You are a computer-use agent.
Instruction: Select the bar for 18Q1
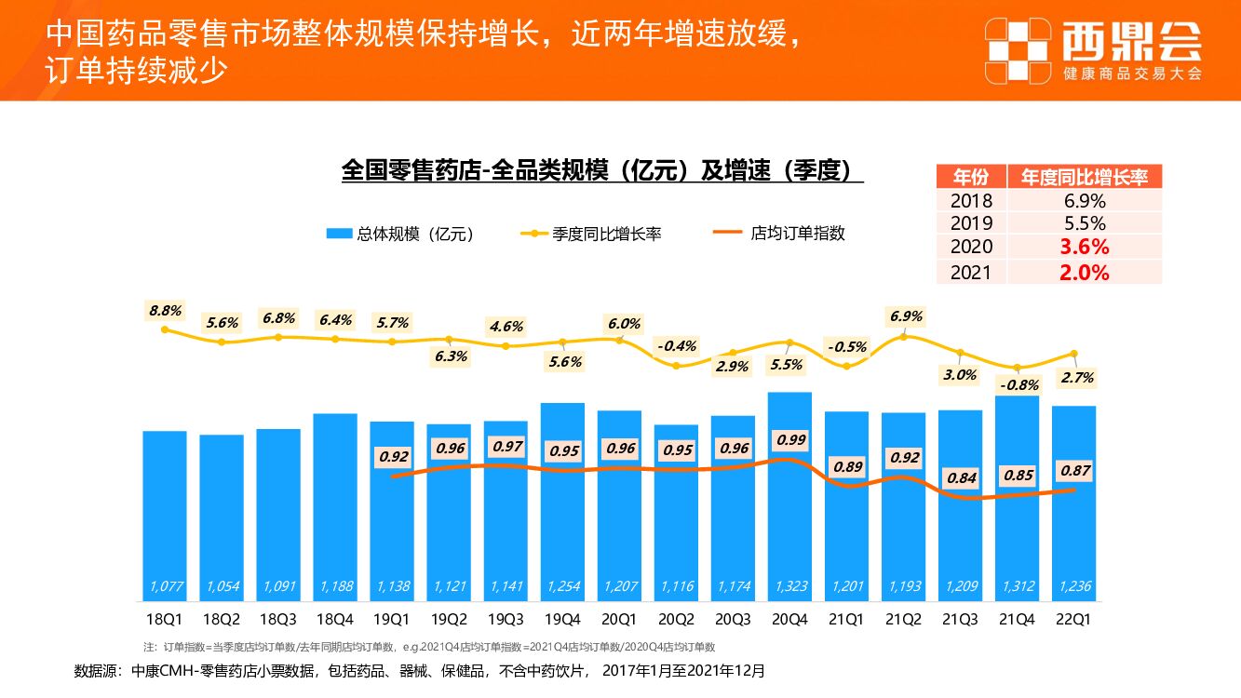[165, 512]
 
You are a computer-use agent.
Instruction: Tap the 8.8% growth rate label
[165, 310]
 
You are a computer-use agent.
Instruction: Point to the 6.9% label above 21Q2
[906, 316]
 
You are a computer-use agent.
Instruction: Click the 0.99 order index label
[791, 439]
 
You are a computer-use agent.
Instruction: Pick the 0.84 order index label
[962, 478]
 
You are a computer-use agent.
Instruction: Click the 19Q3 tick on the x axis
[506, 619]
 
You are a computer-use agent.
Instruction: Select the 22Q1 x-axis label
[1073, 619]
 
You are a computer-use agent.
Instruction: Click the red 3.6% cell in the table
[1085, 248]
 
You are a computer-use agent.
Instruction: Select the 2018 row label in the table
[971, 200]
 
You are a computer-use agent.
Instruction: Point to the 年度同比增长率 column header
[1085, 177]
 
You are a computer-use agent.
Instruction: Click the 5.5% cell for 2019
[1085, 223]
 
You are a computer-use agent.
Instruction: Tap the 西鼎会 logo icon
[1018, 49]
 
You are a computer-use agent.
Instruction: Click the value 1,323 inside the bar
[789, 586]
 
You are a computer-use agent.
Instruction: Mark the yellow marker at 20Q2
[676, 366]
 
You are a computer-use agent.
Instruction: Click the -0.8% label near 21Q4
[1018, 384]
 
